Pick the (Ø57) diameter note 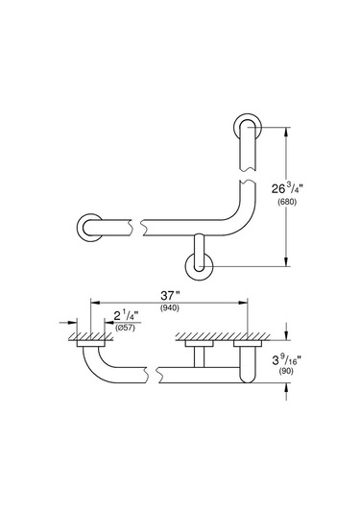(x=126, y=329)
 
